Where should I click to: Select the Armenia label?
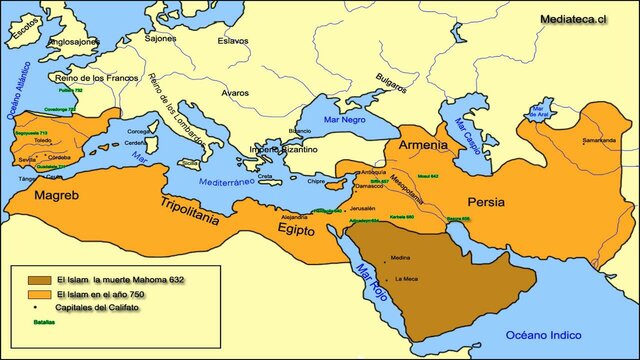click(x=423, y=146)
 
